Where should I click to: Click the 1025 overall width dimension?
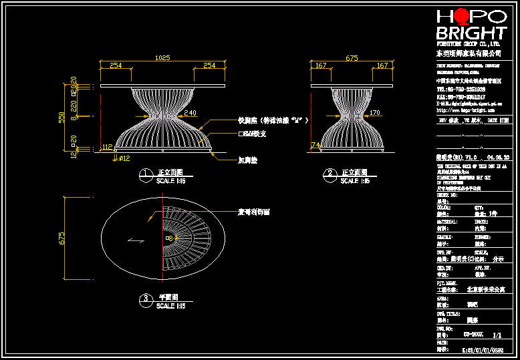point(162,58)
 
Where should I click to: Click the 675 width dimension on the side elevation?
point(352,58)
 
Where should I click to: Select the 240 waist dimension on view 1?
point(190,113)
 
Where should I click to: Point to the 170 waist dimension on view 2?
point(374,113)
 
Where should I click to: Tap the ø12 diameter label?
point(124,158)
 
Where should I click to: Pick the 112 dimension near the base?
point(107,147)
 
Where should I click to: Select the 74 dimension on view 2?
point(315,145)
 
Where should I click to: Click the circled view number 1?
point(144,176)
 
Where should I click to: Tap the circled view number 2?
point(329,176)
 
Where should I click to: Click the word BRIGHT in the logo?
point(471,33)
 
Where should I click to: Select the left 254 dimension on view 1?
point(116,65)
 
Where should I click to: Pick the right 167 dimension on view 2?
point(382,65)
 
